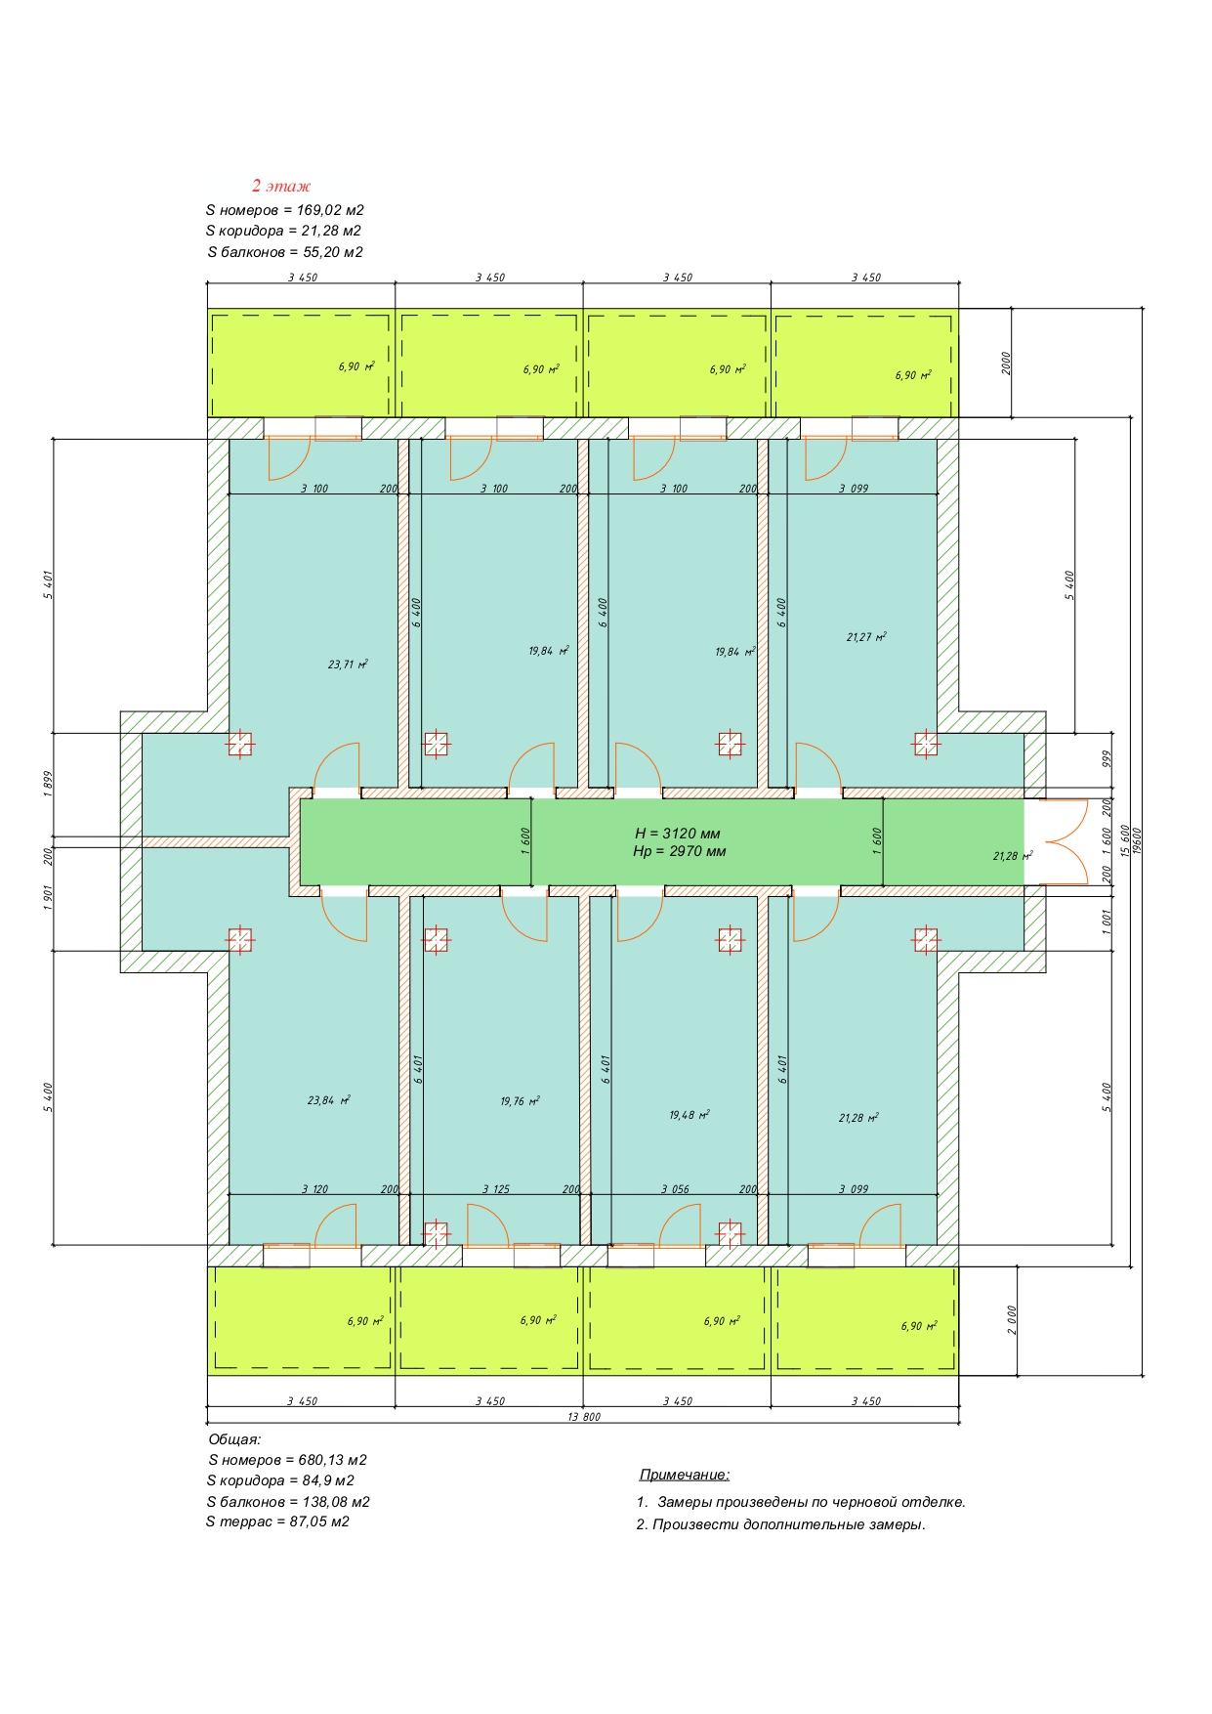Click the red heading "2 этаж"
[281, 186]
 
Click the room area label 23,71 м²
[348, 664]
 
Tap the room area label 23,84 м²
[328, 1100]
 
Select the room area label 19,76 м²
[520, 1101]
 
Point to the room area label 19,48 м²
[689, 1115]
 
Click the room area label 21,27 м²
[866, 637]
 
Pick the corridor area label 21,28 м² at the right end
[1013, 856]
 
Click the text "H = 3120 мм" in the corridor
[678, 834]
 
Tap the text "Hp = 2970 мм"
[679, 851]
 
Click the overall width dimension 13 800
[584, 1417]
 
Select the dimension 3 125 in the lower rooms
[496, 1189]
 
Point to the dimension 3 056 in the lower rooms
[675, 1189]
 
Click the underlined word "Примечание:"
[685, 1475]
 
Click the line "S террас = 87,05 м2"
[277, 1521]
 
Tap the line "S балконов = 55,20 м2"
[285, 252]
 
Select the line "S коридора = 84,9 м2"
[280, 1480]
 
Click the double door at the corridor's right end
[1064, 842]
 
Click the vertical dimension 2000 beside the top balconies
[1007, 364]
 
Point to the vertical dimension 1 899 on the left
[48, 785]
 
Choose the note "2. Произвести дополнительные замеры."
[781, 1524]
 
